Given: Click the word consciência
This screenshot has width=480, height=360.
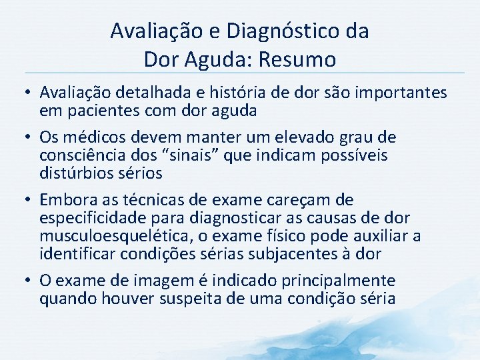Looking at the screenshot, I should [84, 155].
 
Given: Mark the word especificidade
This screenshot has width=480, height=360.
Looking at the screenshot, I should [93, 218].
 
